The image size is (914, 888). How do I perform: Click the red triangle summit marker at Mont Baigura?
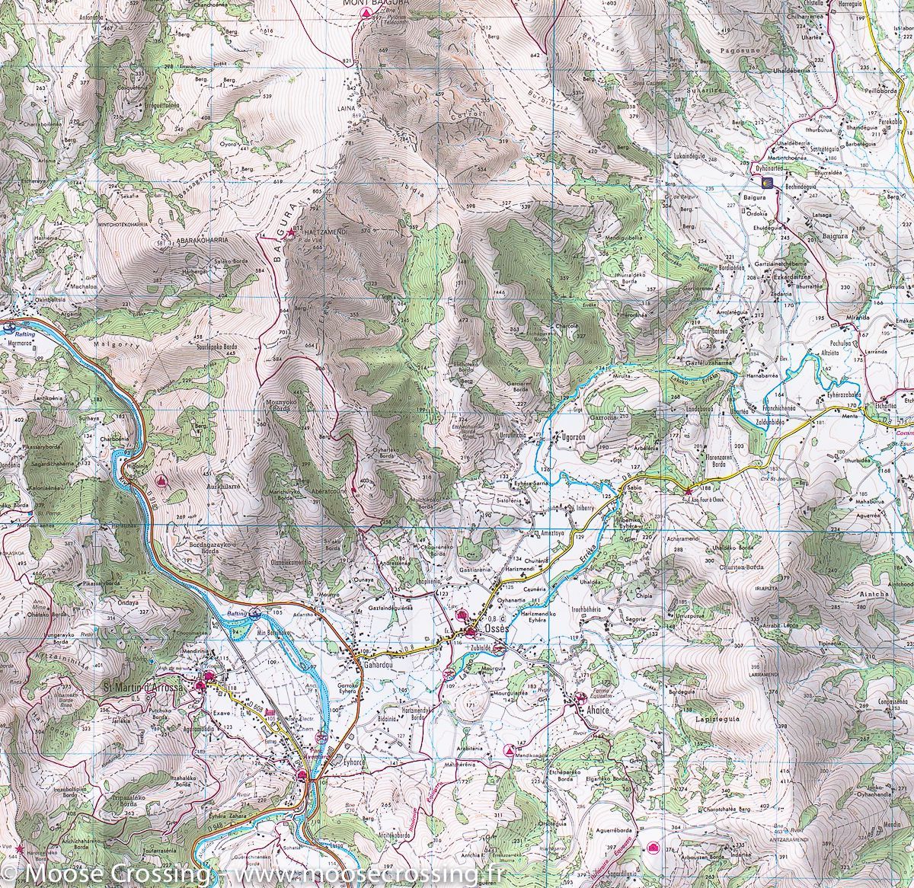(x=366, y=14)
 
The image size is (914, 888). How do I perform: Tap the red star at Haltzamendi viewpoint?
(x=297, y=230)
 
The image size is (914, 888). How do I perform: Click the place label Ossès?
(x=488, y=631)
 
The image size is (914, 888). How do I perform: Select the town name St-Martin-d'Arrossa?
(x=143, y=688)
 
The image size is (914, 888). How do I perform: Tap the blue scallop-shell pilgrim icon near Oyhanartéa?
(x=766, y=183)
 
